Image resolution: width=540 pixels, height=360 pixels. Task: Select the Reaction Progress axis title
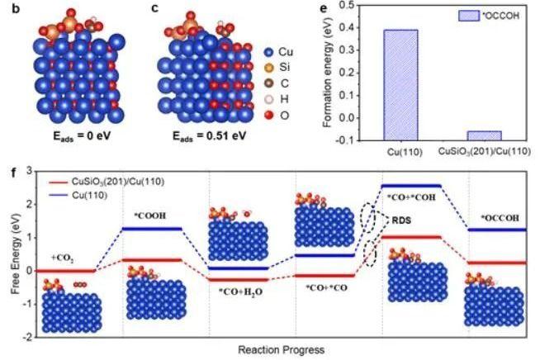coord(274,348)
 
